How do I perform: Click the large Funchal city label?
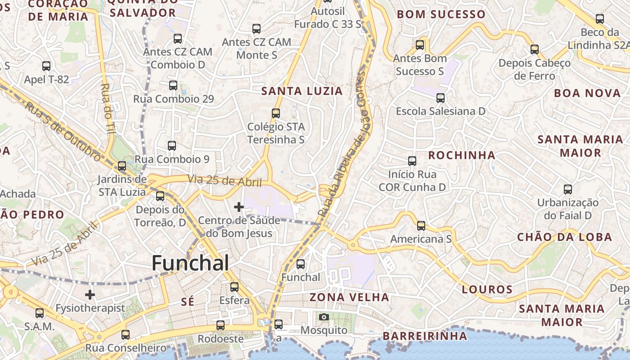190,263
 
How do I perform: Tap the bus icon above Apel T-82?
46,66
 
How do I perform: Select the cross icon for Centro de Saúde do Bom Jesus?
239,207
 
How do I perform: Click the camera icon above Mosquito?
324,317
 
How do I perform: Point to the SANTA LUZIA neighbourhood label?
302,91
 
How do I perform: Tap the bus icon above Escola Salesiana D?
441,98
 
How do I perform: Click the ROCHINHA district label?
461,155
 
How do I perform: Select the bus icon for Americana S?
421,226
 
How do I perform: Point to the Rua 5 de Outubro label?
63,131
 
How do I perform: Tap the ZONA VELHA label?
349,297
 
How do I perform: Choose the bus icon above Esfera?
234,287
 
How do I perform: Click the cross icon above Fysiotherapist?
90,295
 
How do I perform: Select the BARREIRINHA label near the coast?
425,336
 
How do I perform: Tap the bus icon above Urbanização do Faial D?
568,189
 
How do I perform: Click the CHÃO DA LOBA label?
564,237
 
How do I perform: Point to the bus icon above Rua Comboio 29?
173,85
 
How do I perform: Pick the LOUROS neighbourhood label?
487,289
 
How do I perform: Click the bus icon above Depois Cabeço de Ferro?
535,49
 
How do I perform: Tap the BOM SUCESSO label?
441,14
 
